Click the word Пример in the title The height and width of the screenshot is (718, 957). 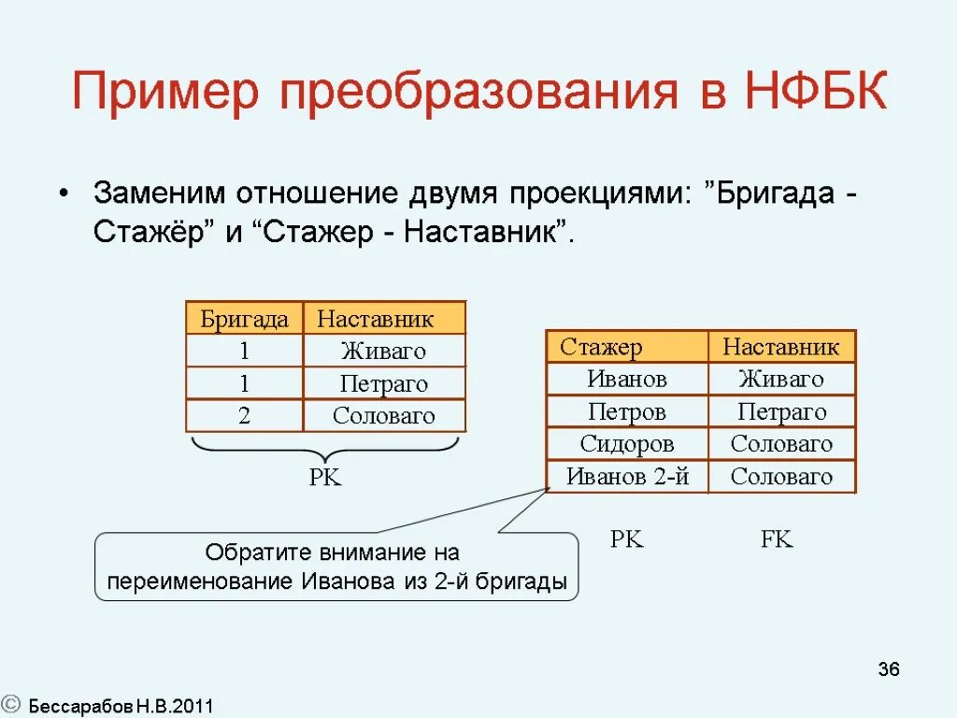click(x=171, y=93)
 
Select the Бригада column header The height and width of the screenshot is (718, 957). click(x=244, y=319)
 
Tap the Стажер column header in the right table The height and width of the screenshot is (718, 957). click(x=602, y=348)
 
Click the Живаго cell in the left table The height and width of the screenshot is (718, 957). click(x=383, y=352)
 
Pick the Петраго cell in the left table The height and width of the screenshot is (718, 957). click(x=383, y=384)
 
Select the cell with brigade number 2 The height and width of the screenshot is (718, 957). click(x=244, y=416)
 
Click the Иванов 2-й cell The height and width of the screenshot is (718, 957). click(x=627, y=477)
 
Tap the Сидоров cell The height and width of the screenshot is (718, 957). click(x=627, y=444)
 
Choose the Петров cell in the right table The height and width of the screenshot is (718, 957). click(x=627, y=411)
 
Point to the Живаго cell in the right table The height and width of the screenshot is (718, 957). click(x=781, y=379)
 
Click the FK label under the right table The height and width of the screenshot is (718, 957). click(x=777, y=539)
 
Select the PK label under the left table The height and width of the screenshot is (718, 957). click(x=325, y=478)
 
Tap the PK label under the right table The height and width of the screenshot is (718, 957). click(x=627, y=539)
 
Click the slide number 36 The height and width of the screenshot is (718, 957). click(x=888, y=669)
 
